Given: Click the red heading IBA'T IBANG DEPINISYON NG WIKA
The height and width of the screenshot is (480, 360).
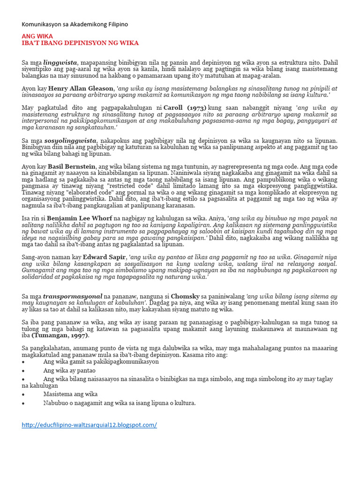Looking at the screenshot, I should click(80, 43).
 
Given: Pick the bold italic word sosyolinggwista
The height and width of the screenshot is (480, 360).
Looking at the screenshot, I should click(70, 140).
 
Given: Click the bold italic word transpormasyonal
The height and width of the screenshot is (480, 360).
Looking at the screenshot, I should click(73, 296).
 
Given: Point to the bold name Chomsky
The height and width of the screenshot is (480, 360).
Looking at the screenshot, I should click(186, 296).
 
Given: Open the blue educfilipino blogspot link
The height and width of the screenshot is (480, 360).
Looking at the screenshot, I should click(90, 425).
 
